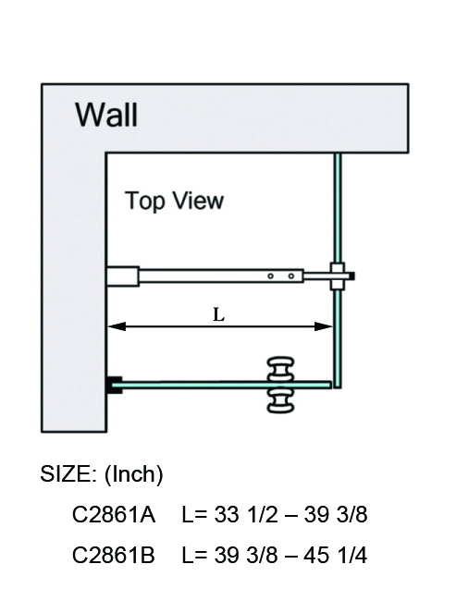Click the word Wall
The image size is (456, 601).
(x=106, y=115)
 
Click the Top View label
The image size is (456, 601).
(x=174, y=201)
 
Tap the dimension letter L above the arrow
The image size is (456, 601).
(x=218, y=315)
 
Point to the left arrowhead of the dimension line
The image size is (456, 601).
(x=117, y=326)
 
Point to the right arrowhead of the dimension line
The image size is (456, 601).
(x=324, y=326)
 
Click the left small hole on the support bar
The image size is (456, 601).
(x=270, y=276)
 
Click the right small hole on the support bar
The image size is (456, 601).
(x=291, y=276)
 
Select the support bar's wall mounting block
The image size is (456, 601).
(x=123, y=276)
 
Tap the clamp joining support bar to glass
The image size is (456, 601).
(x=338, y=276)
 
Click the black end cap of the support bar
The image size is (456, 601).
(x=351, y=276)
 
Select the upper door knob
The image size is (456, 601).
(x=281, y=368)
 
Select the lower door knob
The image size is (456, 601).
(x=281, y=401)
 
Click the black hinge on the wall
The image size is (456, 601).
(x=115, y=385)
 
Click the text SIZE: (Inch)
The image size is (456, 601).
(x=102, y=474)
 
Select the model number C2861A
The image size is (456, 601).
(x=114, y=514)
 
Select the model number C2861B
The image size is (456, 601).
(x=114, y=555)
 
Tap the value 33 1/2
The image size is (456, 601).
(x=246, y=514)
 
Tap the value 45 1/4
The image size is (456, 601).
(x=336, y=555)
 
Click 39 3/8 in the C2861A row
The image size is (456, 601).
(x=336, y=514)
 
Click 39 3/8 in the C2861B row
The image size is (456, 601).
(x=246, y=555)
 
